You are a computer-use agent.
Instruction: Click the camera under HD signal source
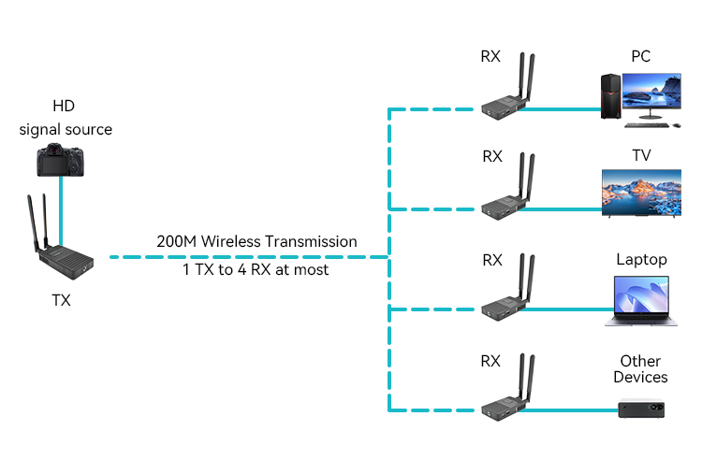[x=60, y=160]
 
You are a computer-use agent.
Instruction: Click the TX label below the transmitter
[x=61, y=301]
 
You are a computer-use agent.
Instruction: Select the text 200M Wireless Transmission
[x=256, y=241]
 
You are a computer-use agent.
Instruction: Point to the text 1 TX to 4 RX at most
[x=256, y=269]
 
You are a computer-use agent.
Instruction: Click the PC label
[x=640, y=56]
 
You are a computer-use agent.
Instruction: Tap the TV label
[x=641, y=155]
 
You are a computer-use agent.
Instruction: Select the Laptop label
[x=641, y=259]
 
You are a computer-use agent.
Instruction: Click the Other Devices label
[x=640, y=369]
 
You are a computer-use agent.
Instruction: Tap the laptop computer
[x=641, y=301]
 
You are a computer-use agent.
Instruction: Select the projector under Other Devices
[x=642, y=408]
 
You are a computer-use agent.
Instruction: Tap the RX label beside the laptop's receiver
[x=491, y=260]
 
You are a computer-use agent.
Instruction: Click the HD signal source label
[x=66, y=120]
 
